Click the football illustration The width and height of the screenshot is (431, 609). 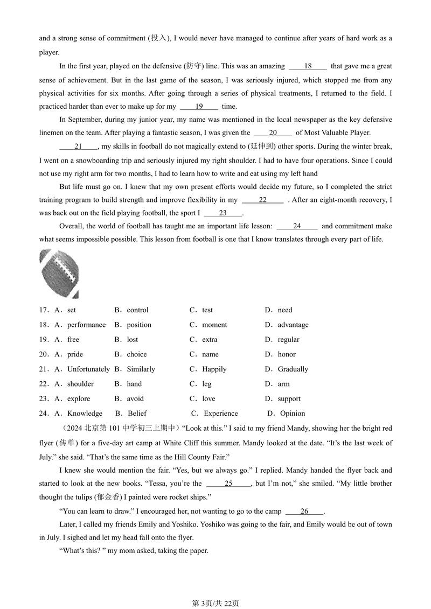pyautogui.click(x=59, y=274)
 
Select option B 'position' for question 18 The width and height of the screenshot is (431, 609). pyautogui.click(x=139, y=325)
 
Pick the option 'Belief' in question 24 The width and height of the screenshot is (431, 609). pyautogui.click(x=137, y=414)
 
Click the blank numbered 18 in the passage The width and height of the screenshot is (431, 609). pyautogui.click(x=308, y=66)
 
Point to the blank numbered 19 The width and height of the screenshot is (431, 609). pyautogui.click(x=199, y=107)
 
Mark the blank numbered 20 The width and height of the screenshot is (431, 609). pyautogui.click(x=273, y=132)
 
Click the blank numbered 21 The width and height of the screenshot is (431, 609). pyautogui.click(x=78, y=146)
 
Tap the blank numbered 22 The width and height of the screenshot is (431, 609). pyautogui.click(x=262, y=200)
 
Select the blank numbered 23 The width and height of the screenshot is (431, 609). pyautogui.click(x=223, y=213)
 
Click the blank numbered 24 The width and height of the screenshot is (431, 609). pyautogui.click(x=297, y=226)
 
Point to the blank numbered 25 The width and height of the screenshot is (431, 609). pyautogui.click(x=228, y=484)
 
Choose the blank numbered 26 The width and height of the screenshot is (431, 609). pyautogui.click(x=304, y=512)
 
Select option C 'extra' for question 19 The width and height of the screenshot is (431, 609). pyautogui.click(x=210, y=339)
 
